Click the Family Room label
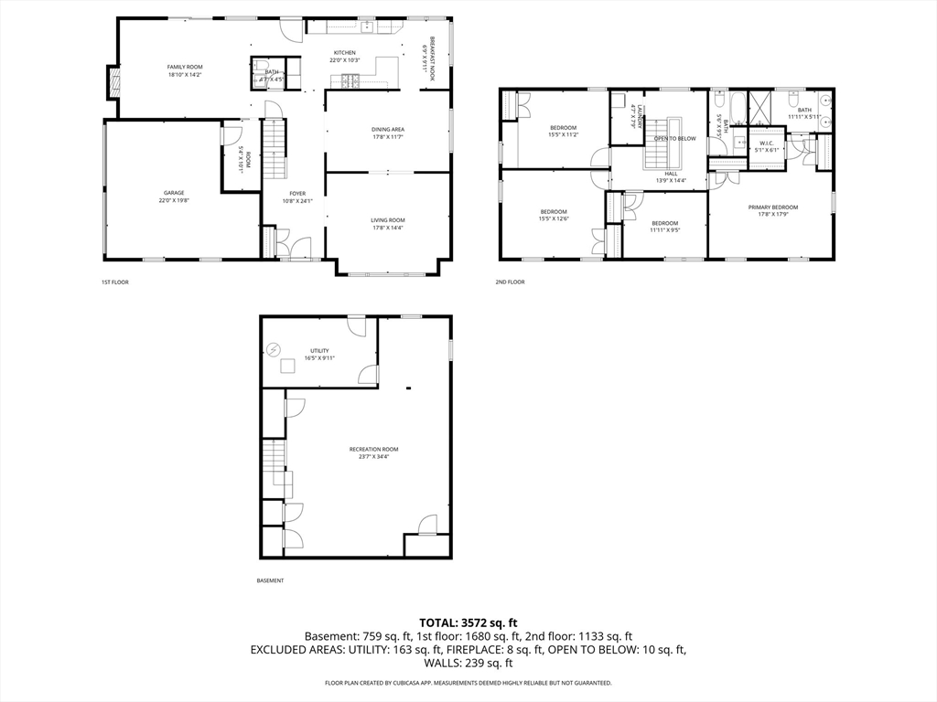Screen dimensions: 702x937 coord(185,68)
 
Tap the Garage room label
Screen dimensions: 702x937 coord(174,193)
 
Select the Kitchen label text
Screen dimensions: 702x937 coord(344,53)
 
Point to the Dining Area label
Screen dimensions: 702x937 coord(388,130)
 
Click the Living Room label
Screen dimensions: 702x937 coord(388,220)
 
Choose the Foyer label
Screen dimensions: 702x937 coord(298,194)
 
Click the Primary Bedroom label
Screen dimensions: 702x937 coord(773,207)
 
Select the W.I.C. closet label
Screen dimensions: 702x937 coord(767,143)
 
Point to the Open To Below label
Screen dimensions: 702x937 coord(674,138)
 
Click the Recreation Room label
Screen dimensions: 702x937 coord(374,449)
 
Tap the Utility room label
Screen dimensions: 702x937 coord(319,351)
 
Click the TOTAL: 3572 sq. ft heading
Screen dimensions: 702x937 coord(468,622)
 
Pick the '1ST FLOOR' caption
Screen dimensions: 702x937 coord(115,282)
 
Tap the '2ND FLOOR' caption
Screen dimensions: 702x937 coord(511,282)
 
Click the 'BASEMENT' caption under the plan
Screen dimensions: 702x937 coord(270,580)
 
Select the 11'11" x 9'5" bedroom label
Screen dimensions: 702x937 coord(664,224)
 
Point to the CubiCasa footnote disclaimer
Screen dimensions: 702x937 coord(468,683)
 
